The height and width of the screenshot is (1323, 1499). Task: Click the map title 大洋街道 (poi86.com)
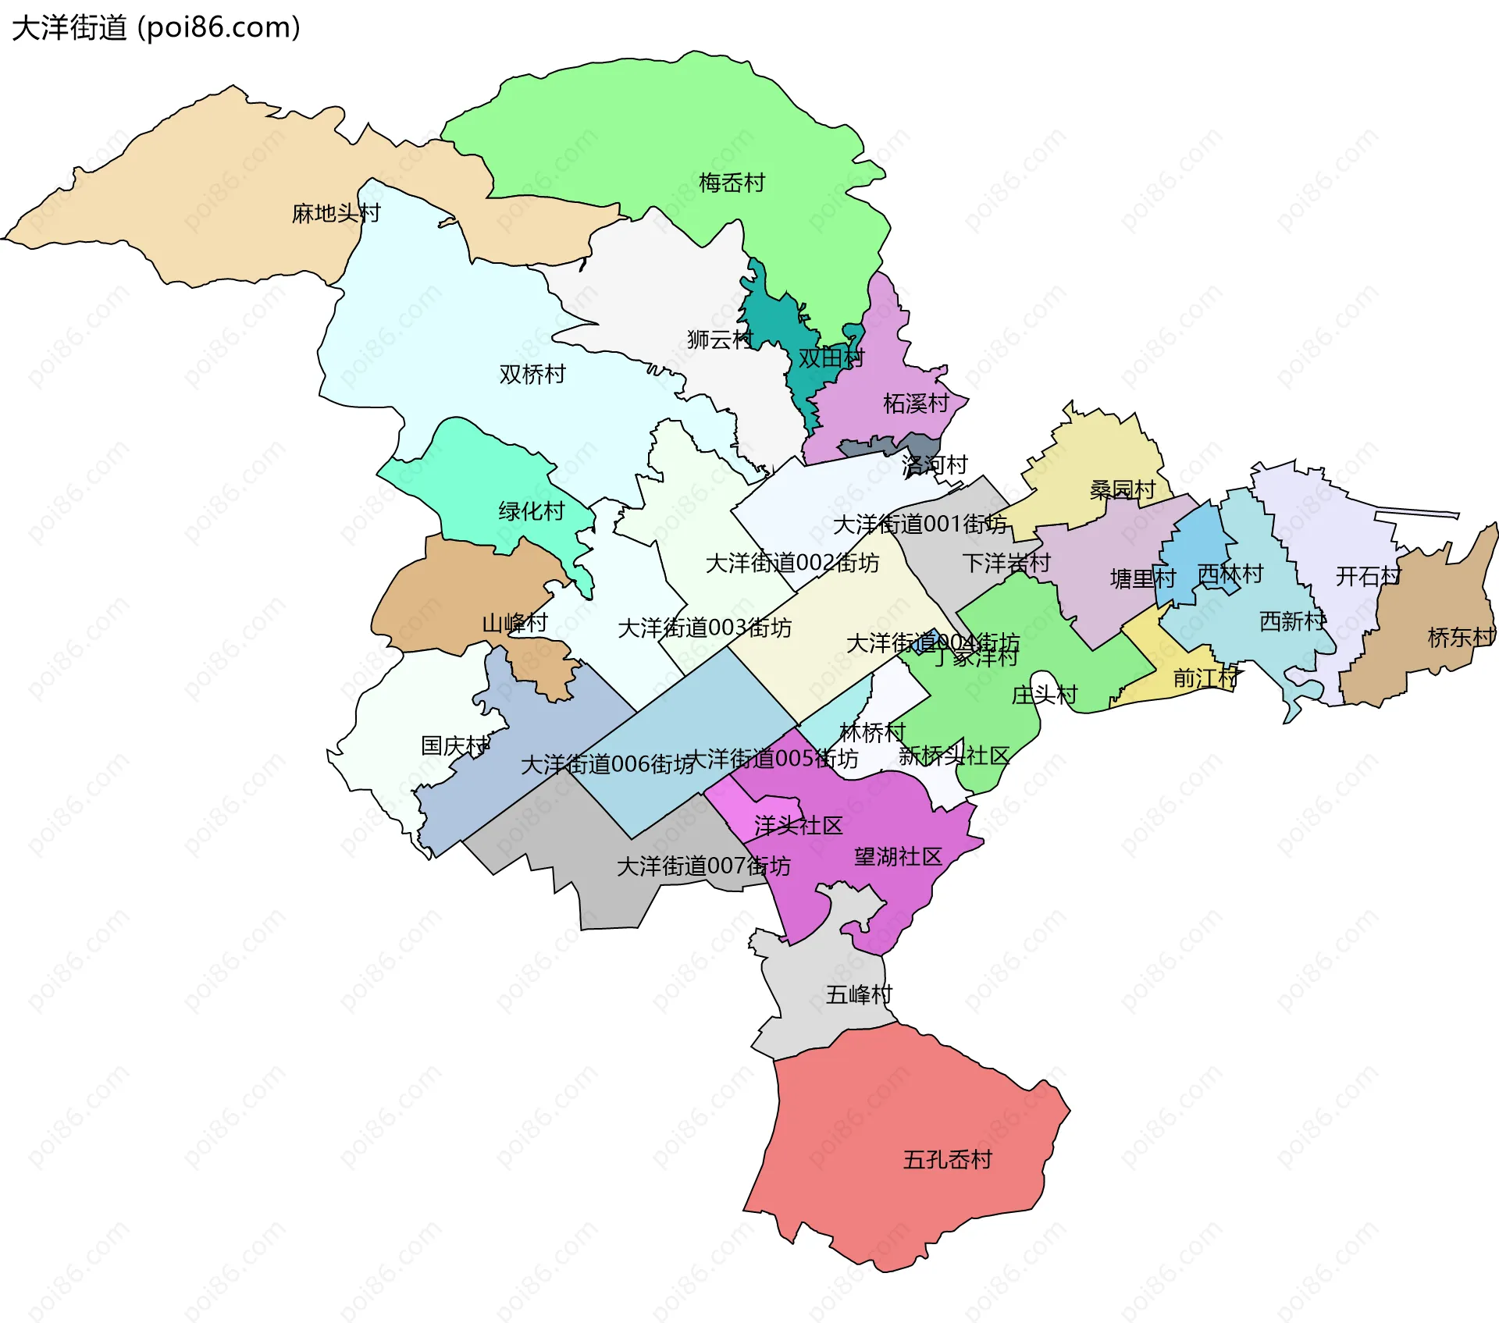coord(156,28)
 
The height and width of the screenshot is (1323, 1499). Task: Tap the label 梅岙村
coord(732,183)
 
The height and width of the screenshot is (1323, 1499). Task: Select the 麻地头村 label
coord(336,213)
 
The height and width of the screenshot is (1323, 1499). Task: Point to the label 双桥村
coord(532,375)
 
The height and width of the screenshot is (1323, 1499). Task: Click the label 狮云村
coord(720,340)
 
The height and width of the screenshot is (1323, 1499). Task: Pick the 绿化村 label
coord(532,512)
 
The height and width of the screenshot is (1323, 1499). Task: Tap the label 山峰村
coord(515,624)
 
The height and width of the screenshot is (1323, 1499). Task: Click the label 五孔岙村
coord(947,1160)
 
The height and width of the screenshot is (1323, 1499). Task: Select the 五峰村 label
coord(859,994)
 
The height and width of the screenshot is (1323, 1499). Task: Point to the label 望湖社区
coord(898,857)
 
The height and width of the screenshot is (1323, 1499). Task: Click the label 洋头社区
coord(798,826)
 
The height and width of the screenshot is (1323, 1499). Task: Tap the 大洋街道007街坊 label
coord(703,866)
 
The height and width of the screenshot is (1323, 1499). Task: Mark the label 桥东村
coord(1461,638)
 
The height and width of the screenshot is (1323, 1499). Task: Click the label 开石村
coord(1368,577)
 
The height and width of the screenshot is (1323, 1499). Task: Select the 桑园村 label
coord(1123,490)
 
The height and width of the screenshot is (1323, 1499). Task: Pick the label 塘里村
coord(1143,579)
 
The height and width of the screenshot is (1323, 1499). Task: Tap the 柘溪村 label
coord(916,404)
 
